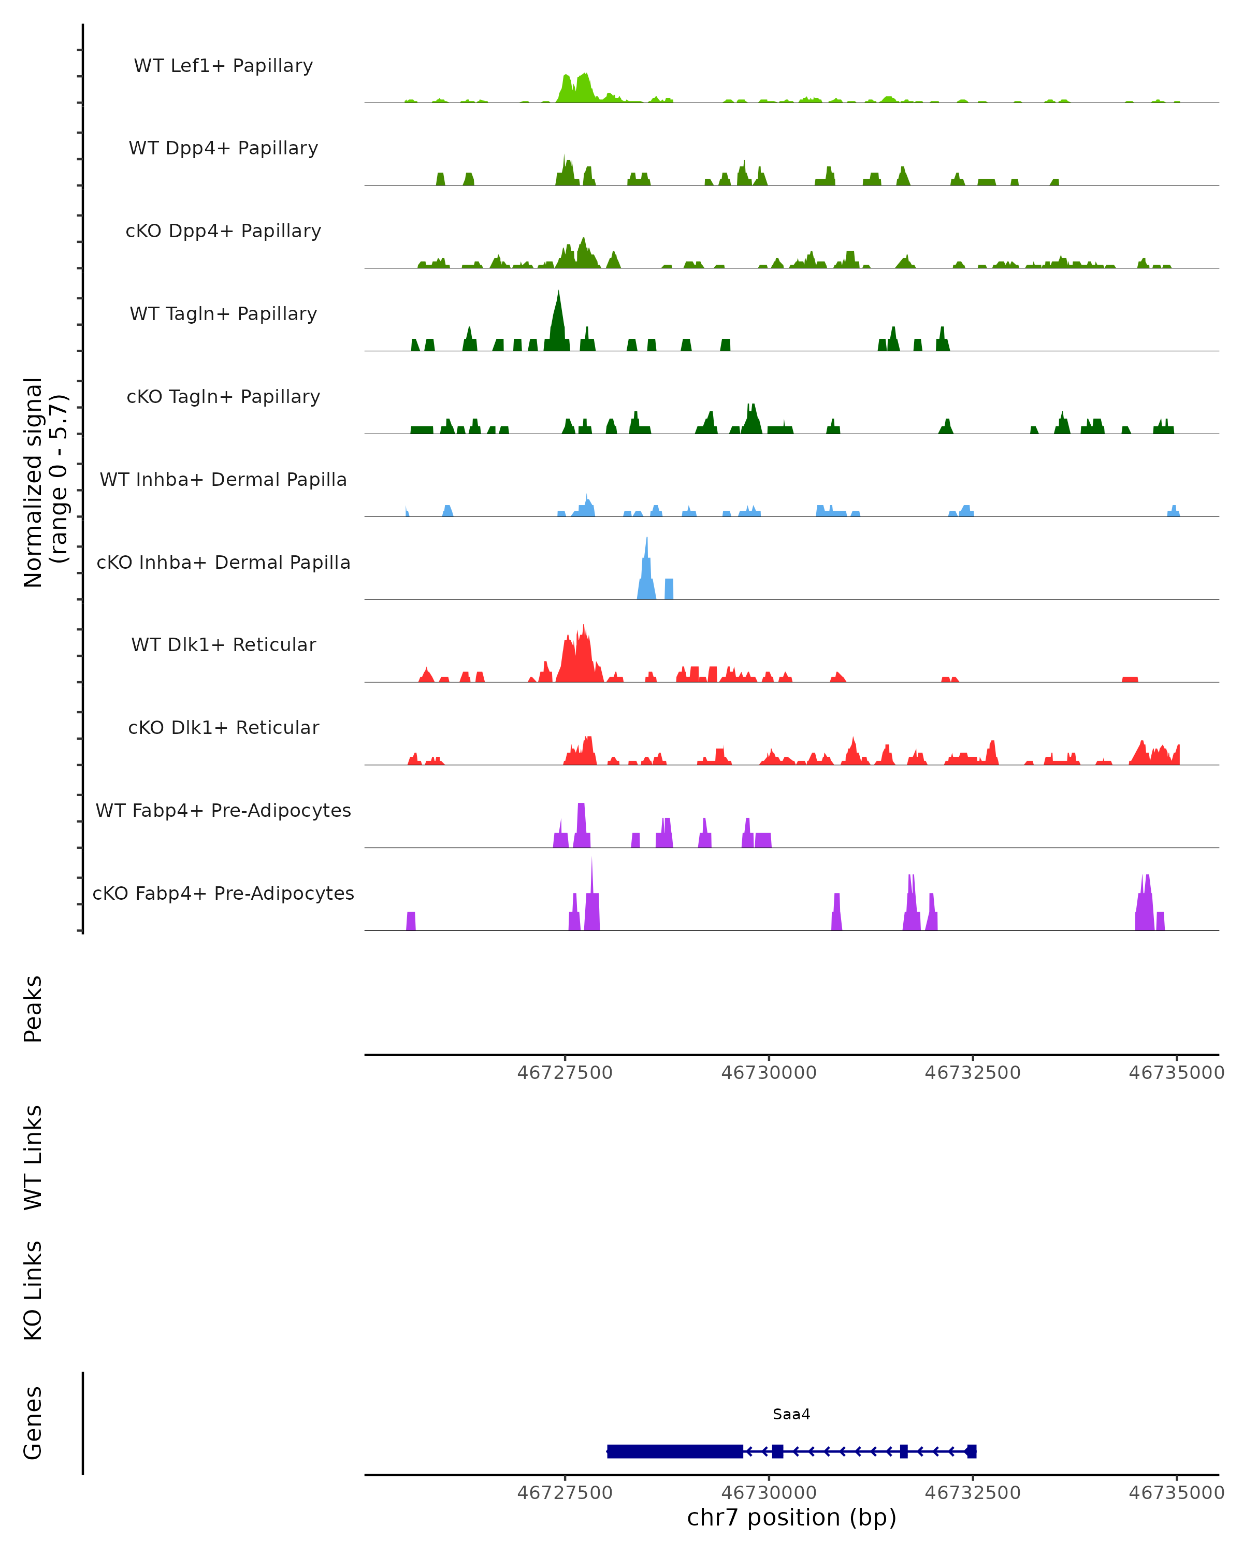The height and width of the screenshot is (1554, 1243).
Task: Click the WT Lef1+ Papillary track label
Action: coord(223,66)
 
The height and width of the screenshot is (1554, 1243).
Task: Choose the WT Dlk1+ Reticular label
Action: coord(223,644)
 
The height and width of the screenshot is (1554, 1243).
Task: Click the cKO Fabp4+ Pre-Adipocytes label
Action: coord(223,893)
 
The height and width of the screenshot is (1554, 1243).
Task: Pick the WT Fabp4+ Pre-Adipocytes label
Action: coord(223,810)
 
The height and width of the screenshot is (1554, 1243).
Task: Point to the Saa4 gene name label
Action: coord(791,1414)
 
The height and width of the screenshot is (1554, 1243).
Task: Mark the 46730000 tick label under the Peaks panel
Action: coord(769,1073)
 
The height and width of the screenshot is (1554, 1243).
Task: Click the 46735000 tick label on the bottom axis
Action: coord(1176,1493)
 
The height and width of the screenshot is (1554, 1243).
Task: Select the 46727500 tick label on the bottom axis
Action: coord(565,1493)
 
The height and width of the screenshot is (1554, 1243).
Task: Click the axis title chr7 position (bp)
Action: coord(791,1517)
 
